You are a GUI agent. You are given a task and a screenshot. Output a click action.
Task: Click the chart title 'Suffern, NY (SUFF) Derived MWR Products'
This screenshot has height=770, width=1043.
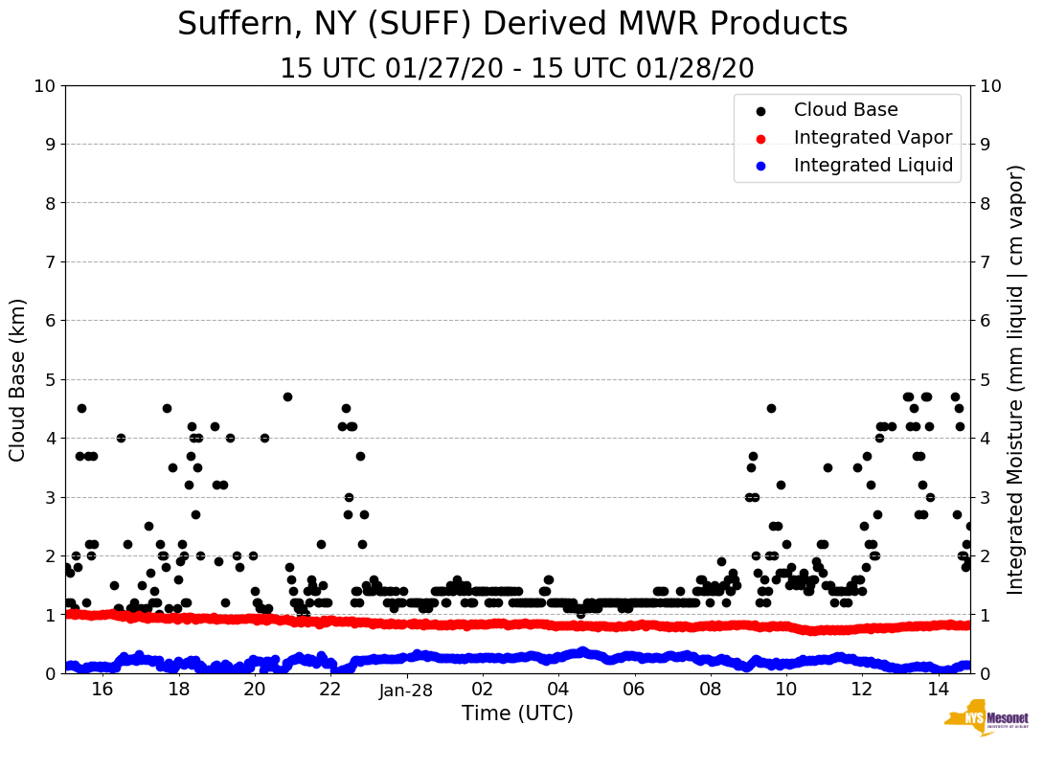point(512,24)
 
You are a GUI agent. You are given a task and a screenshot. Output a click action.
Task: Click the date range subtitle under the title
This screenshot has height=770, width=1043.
point(516,69)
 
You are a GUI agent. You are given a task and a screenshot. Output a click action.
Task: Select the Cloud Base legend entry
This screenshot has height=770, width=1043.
point(846,110)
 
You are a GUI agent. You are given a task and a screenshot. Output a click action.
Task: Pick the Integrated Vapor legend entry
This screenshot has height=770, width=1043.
point(873,138)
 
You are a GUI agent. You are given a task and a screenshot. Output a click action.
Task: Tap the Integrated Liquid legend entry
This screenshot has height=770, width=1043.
point(873,166)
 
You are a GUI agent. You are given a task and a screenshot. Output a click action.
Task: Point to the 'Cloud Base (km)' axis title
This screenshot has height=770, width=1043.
point(18,379)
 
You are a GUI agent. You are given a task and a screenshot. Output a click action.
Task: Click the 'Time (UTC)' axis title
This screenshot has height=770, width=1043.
point(517,713)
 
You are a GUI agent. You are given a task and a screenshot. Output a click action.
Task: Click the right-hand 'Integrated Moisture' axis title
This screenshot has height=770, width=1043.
point(1016,379)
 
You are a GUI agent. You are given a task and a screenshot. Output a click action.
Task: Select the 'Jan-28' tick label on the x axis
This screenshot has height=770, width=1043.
point(407,690)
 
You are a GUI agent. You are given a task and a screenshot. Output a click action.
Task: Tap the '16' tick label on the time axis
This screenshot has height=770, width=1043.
point(102,690)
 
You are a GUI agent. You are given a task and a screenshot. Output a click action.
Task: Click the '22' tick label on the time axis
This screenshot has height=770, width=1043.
point(330,690)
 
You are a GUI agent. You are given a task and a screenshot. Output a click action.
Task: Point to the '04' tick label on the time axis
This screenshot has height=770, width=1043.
point(558,690)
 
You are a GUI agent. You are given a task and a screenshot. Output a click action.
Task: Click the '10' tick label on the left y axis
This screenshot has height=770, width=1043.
point(44,86)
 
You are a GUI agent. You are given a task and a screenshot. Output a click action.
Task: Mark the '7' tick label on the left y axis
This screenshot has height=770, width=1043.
point(50,261)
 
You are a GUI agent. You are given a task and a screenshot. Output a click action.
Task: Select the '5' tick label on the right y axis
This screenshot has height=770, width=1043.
point(985,379)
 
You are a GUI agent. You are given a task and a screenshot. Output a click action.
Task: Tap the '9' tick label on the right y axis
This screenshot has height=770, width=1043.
point(985,145)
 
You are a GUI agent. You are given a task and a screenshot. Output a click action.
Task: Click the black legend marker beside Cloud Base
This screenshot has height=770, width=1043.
point(761,111)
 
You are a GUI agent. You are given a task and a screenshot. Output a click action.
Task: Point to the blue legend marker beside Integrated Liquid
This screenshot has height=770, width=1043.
point(761,167)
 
